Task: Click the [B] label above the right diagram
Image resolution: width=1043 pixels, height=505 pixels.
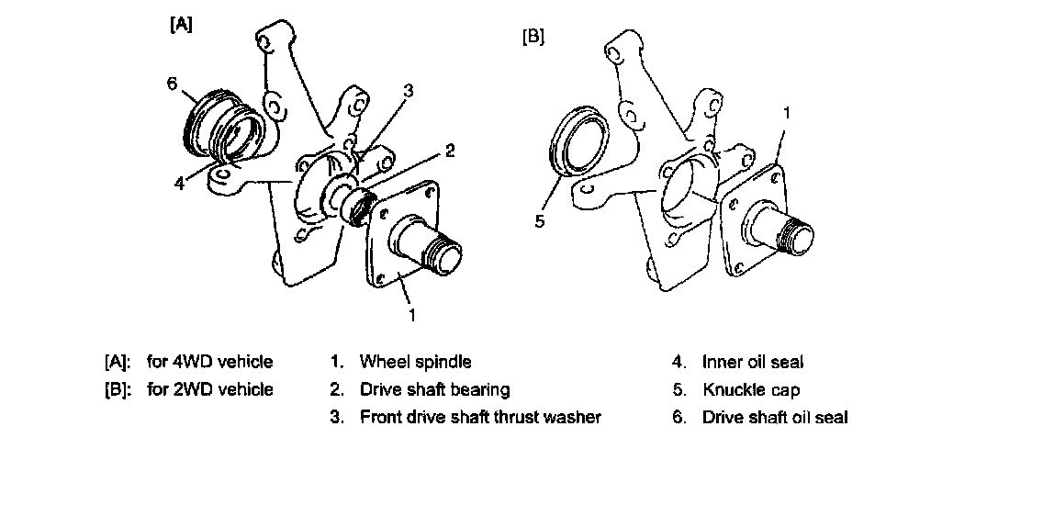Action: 533,39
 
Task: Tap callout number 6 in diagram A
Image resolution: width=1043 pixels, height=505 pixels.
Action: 171,84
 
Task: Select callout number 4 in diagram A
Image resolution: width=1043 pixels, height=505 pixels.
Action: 179,183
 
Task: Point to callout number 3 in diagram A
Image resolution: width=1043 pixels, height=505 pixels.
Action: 408,90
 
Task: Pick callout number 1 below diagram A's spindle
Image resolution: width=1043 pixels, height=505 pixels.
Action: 412,315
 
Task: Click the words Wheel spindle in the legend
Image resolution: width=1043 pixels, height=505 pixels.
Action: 415,362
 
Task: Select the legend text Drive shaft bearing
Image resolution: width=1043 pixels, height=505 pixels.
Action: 434,389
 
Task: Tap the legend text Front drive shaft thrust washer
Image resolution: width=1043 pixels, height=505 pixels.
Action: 480,417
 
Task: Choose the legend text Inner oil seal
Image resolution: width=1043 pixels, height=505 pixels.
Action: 752,362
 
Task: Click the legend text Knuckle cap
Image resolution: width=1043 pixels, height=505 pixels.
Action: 750,389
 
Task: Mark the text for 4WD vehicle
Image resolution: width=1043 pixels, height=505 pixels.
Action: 209,362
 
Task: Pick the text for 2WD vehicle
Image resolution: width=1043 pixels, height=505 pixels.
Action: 209,389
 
